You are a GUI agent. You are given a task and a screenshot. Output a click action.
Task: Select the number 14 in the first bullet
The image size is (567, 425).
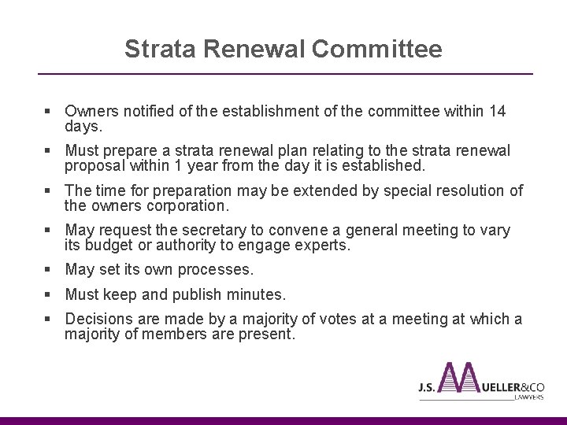497,112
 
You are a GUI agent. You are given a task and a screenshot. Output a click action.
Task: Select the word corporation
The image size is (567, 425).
186,205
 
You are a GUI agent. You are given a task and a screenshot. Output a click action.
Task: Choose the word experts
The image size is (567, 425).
321,246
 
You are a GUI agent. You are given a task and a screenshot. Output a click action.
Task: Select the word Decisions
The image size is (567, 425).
99,320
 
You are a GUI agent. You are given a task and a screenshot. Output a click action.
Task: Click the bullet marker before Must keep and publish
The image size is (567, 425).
50,295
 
